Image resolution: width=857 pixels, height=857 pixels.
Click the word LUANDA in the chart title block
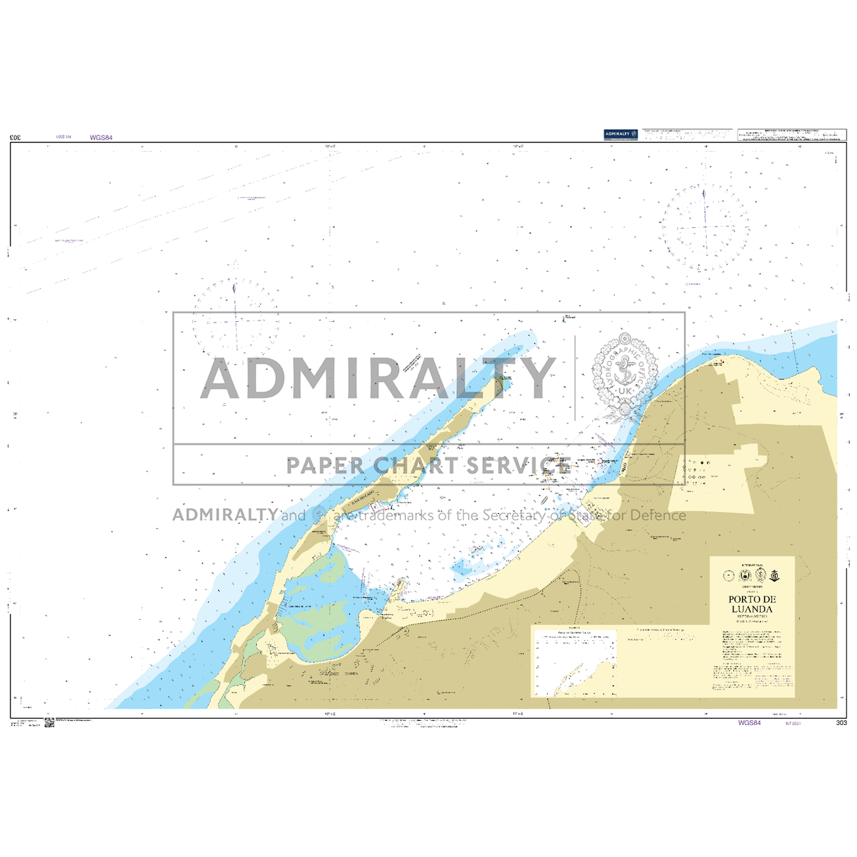pyautogui.click(x=752, y=609)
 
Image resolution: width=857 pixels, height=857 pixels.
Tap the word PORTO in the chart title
pyautogui.click(x=742, y=600)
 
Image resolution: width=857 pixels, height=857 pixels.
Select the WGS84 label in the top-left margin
pyautogui.click(x=101, y=138)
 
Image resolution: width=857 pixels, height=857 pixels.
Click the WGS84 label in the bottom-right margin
pyautogui.click(x=749, y=723)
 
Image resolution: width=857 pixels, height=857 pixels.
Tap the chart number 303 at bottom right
pyautogui.click(x=840, y=723)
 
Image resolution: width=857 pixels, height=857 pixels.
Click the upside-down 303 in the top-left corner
pyautogui.click(x=16, y=138)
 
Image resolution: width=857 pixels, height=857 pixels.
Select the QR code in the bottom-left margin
pyautogui.click(x=49, y=723)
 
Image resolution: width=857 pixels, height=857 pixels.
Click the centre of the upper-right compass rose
pyautogui.click(x=704, y=228)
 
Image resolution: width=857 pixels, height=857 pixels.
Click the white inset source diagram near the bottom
pyautogui.click(x=574, y=662)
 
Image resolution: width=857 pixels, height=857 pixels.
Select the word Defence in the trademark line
pyautogui.click(x=657, y=515)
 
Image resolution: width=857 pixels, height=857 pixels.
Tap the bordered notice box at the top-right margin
pyautogui.click(x=791, y=135)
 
